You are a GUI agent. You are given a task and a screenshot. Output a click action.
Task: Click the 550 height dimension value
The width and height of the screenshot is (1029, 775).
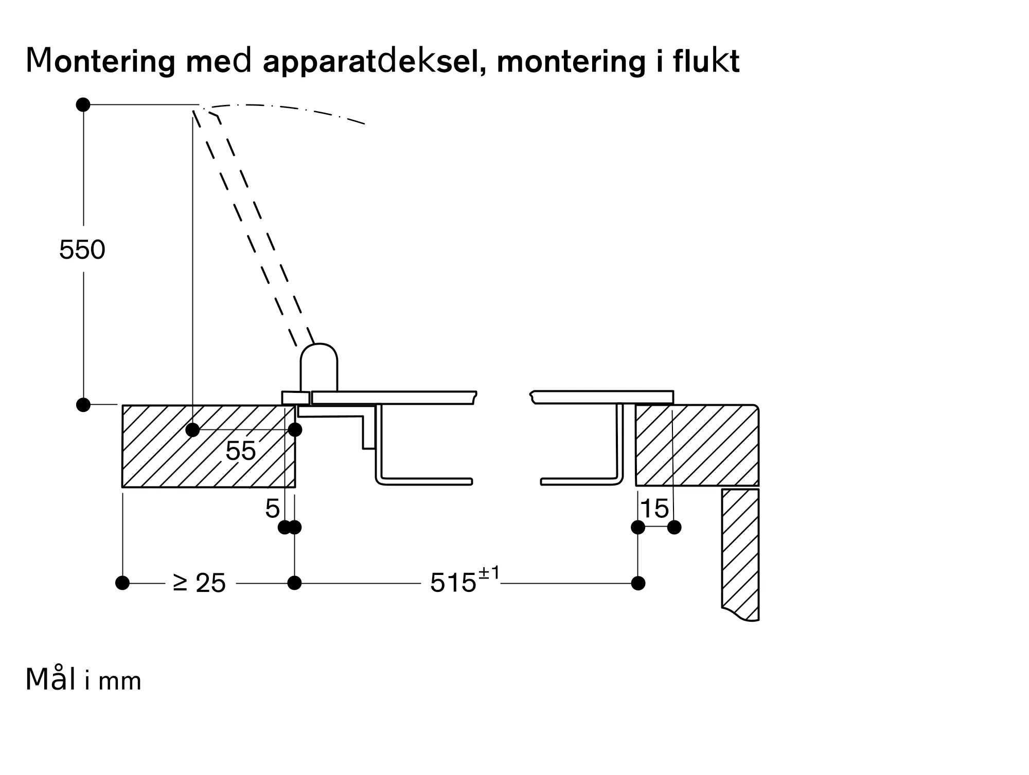coord(82,250)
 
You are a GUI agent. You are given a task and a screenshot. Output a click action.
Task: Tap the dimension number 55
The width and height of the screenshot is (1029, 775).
coord(240,451)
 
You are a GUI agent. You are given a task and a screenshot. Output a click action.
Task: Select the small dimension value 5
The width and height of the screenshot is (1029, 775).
coord(272,509)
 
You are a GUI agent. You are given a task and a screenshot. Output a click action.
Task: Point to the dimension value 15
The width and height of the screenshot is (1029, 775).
coord(654,509)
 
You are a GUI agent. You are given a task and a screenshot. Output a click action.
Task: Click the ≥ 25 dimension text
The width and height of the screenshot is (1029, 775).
coord(200,583)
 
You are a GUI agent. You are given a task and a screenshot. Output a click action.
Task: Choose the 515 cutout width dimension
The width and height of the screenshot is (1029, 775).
coord(453,583)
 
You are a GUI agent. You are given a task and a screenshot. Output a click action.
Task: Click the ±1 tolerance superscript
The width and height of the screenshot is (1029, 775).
coord(489,573)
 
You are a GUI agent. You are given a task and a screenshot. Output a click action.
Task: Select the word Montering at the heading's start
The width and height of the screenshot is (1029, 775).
coord(98,62)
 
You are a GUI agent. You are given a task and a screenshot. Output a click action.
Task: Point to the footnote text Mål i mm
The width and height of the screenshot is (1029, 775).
coord(83,680)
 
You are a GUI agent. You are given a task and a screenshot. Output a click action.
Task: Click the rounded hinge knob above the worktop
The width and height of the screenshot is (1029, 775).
coord(319,366)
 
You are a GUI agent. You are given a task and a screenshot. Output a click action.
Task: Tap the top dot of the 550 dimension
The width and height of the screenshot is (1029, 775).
coord(83,104)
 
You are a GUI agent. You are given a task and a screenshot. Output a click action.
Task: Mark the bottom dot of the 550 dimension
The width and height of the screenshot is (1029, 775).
coord(83,405)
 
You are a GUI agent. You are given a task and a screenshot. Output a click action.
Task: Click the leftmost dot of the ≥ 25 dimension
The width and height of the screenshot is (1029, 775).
coord(122,583)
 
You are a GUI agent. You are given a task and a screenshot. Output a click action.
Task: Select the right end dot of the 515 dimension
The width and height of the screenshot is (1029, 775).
coord(638,583)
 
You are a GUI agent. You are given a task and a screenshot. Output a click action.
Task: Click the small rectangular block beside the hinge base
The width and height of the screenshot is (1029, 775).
coord(295,398)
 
